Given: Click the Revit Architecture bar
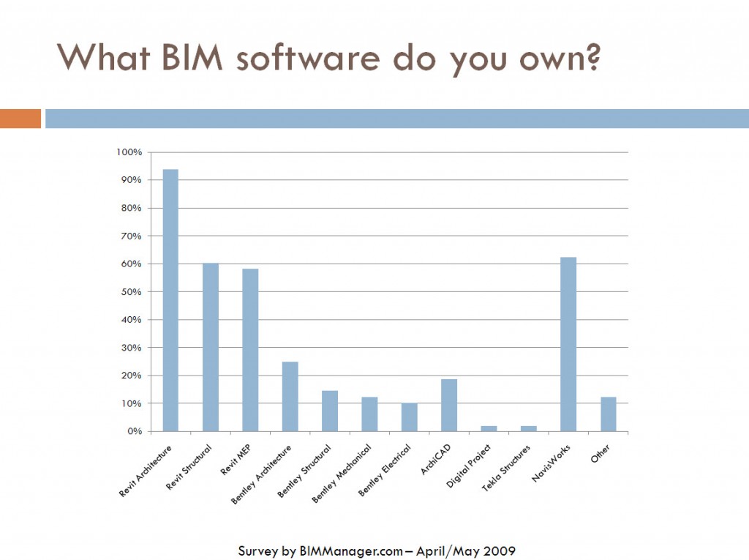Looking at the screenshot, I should click(170, 300).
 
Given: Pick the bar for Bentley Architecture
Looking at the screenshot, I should click(290, 396).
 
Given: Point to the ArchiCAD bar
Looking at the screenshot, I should click(449, 405).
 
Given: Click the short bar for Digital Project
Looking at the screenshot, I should click(489, 428).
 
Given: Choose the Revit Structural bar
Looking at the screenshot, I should click(210, 347).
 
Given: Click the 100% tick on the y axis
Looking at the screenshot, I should click(129, 152).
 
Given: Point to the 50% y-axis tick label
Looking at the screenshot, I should click(131, 292).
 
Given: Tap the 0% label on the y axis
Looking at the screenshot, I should click(134, 431).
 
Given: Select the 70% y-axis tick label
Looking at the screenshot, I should click(131, 236).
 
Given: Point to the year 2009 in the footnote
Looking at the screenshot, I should click(498, 550).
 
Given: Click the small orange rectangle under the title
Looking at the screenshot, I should click(20, 119).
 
